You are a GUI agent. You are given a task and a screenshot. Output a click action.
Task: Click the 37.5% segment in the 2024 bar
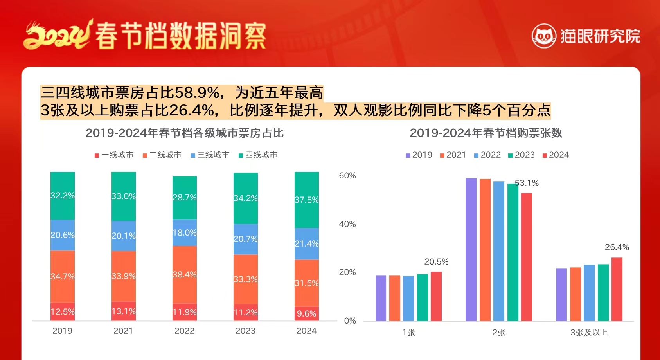tap(306, 200)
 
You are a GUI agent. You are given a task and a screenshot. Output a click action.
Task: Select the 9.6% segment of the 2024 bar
tap(306, 313)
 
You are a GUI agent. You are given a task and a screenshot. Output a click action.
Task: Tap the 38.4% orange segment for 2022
tap(184, 274)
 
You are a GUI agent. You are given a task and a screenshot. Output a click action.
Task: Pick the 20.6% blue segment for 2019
tap(62, 235)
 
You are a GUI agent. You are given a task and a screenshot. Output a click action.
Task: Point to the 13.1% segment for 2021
tap(123, 311)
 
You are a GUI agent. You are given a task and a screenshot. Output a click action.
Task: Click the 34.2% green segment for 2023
tap(245, 198)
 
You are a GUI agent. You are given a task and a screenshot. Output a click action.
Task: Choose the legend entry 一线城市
tap(114, 155)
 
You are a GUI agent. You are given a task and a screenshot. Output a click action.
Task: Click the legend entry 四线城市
tap(258, 155)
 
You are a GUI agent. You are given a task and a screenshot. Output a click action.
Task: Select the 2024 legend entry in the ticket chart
tap(556, 155)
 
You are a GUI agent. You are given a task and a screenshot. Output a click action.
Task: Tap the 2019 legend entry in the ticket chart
tap(419, 155)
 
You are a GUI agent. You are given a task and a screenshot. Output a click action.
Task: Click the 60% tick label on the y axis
tap(347, 176)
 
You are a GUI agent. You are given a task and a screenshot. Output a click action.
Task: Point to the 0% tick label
tap(350, 321)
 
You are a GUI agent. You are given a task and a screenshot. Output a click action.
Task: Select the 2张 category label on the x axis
tap(499, 333)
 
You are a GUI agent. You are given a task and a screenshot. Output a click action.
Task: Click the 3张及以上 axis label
tap(589, 333)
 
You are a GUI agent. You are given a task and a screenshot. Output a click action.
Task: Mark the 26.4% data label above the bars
tap(617, 247)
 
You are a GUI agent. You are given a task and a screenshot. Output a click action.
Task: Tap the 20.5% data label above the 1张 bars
tap(436, 262)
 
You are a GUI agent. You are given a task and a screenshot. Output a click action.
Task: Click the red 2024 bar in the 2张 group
tap(527, 257)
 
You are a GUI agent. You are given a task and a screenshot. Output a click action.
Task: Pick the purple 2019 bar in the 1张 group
tap(381, 298)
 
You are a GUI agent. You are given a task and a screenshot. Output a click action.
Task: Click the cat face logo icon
tap(544, 36)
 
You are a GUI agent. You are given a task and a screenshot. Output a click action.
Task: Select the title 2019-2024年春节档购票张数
tap(486, 133)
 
